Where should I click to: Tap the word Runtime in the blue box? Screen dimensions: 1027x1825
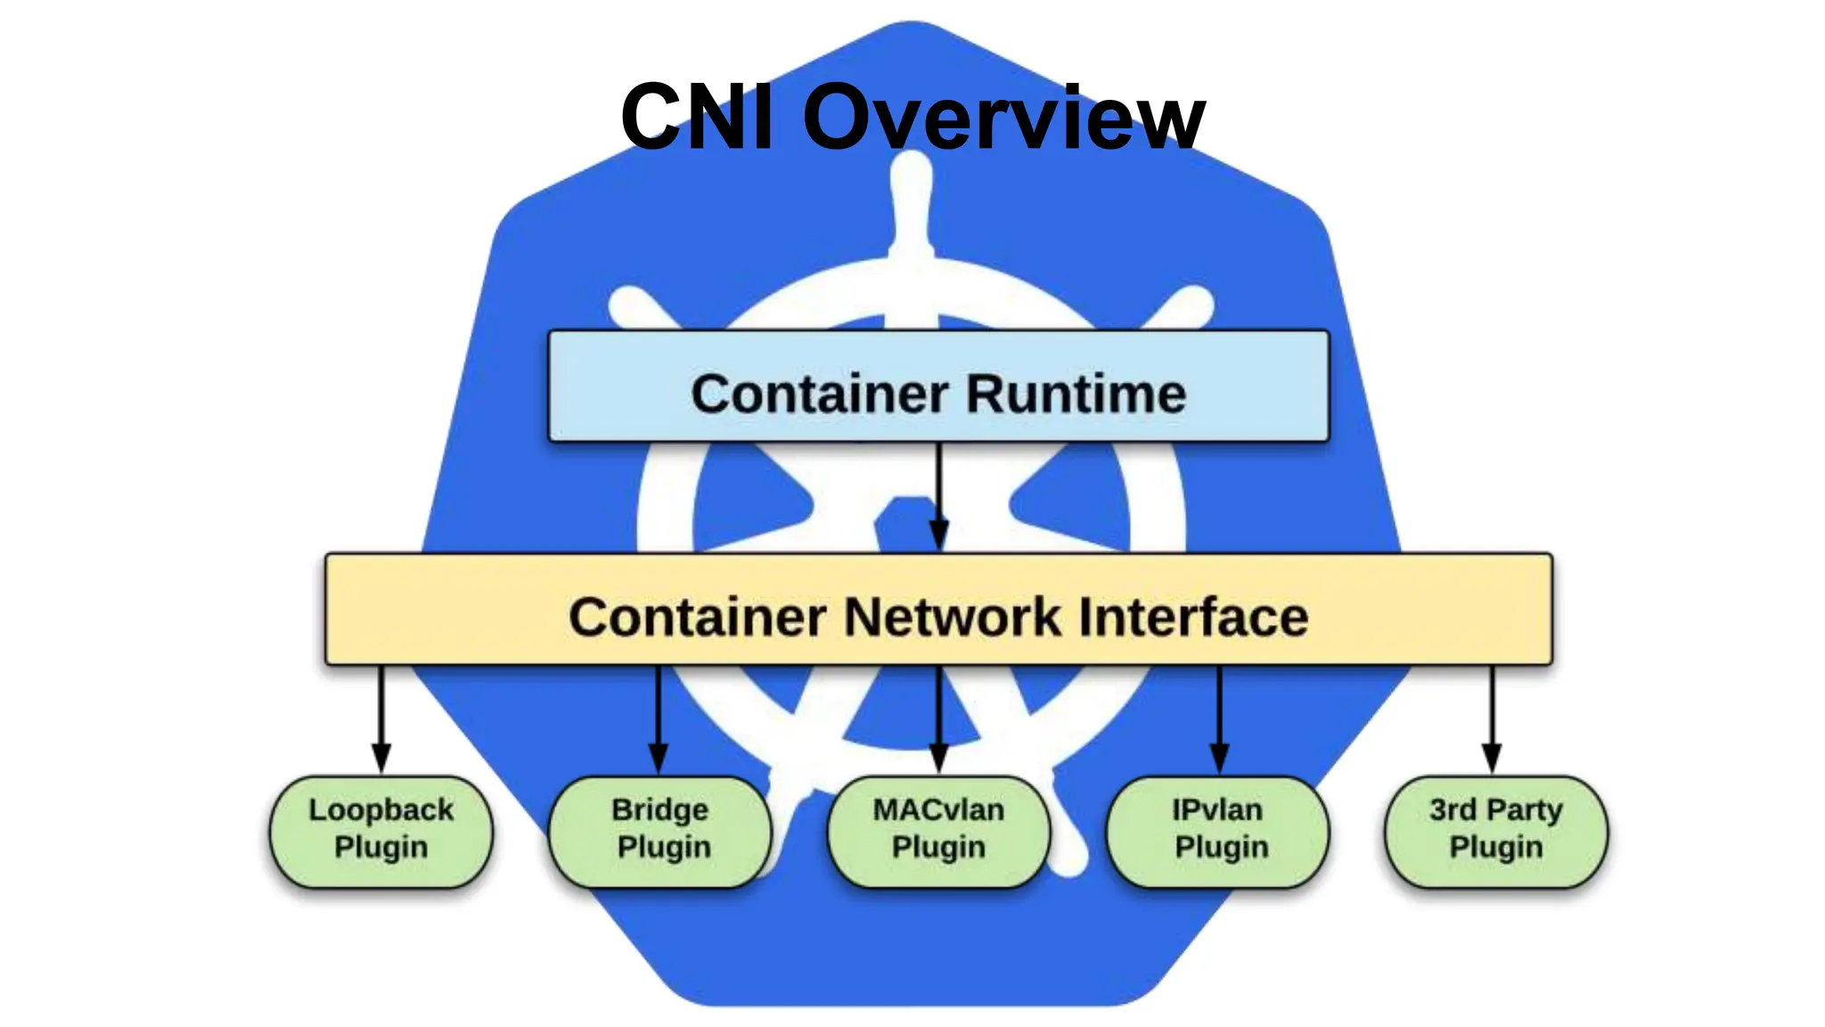(x=1076, y=394)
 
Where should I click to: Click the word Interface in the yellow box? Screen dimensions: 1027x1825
(x=1193, y=617)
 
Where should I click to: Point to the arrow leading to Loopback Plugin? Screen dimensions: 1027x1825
(x=381, y=719)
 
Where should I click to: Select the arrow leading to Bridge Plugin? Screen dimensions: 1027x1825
(x=659, y=719)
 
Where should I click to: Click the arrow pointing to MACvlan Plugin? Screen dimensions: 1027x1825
(x=938, y=719)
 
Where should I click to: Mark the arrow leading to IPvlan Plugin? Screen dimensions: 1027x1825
(x=1220, y=719)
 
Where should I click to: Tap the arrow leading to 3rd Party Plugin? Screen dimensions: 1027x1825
(x=1492, y=719)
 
